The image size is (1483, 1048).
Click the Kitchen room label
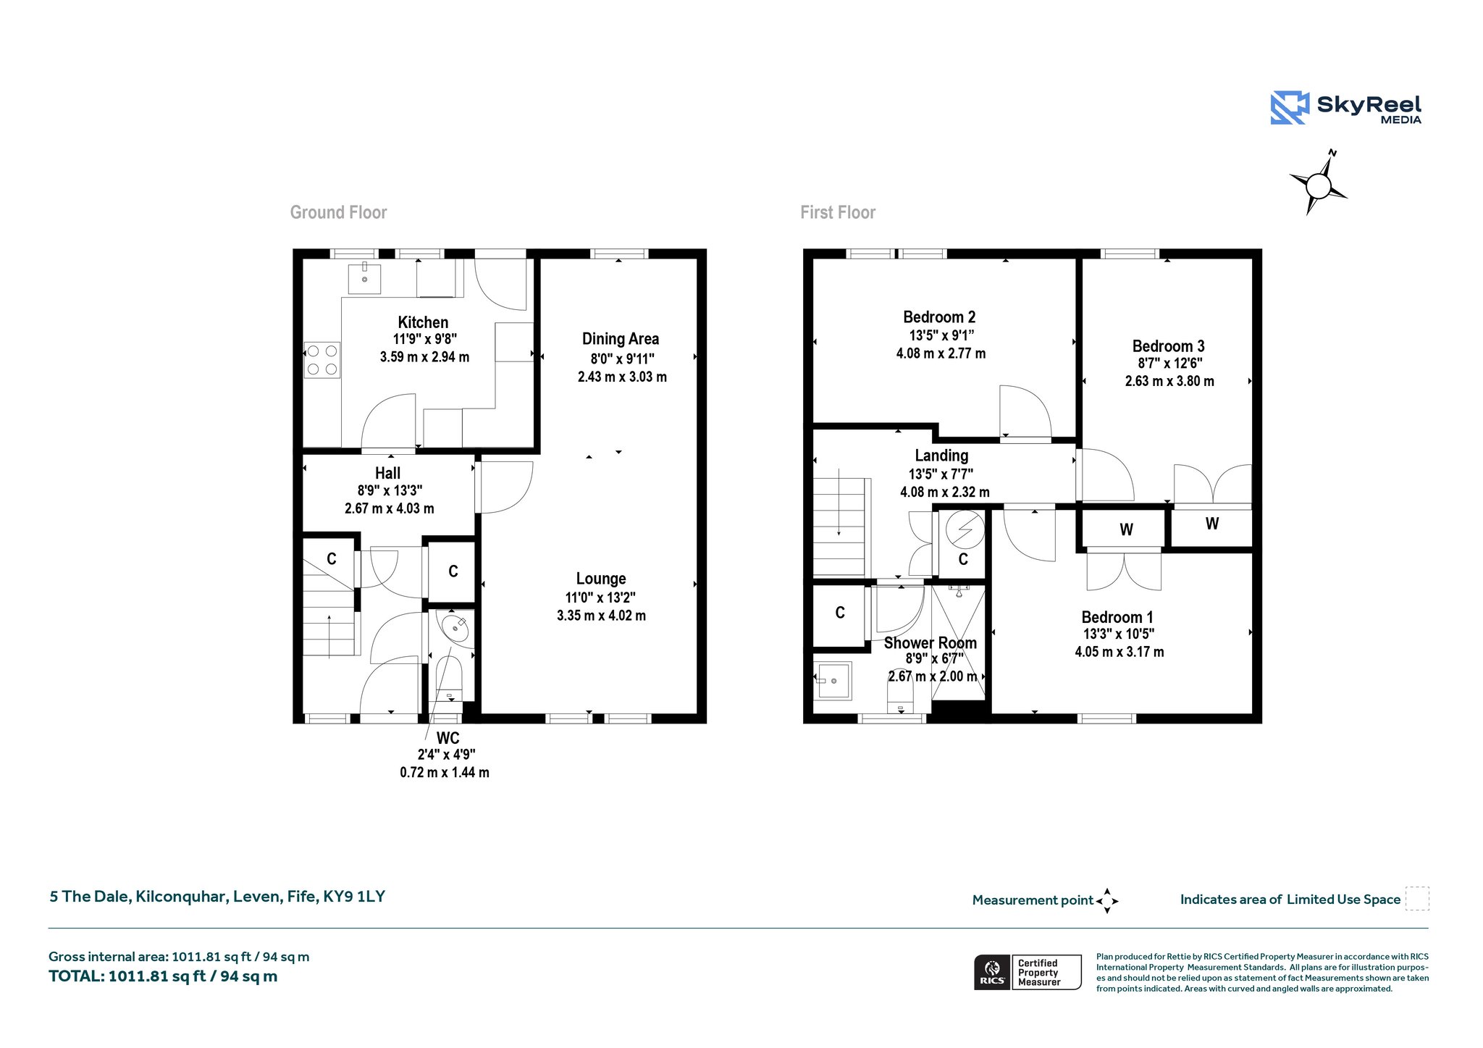[x=423, y=322]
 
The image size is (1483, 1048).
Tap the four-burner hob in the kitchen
[x=322, y=360]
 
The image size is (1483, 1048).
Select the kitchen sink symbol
[x=364, y=278]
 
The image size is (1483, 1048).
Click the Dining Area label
[x=621, y=339]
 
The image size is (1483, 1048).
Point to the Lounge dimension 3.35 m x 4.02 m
[x=601, y=616]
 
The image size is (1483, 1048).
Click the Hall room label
[x=387, y=473]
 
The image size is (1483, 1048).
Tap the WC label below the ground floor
[x=448, y=738]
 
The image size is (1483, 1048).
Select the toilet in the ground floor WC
[x=450, y=679]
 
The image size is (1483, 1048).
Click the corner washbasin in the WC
[x=455, y=627]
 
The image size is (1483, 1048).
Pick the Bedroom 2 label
[x=939, y=317]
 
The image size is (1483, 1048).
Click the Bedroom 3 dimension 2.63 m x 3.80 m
[x=1169, y=381]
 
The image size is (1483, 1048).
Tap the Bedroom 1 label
[x=1117, y=617]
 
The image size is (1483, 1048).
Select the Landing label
[x=941, y=456]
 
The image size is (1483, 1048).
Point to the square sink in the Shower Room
[x=833, y=681]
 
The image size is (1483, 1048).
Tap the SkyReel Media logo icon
[x=1290, y=108]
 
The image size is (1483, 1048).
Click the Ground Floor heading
[x=338, y=212]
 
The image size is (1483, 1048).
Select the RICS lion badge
[x=992, y=972]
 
